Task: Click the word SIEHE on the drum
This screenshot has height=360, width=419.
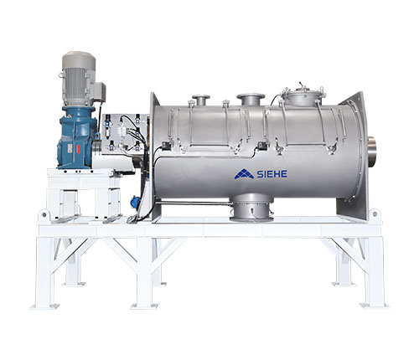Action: (272, 174)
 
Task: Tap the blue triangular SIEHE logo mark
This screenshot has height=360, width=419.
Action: (244, 173)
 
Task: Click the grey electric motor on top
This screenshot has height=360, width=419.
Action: (79, 79)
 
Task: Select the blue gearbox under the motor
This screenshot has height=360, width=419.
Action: (77, 137)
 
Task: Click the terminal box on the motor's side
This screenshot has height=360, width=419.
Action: (101, 91)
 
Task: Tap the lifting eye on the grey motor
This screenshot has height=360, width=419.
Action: (60, 75)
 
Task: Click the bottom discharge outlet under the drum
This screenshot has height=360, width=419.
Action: (251, 208)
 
